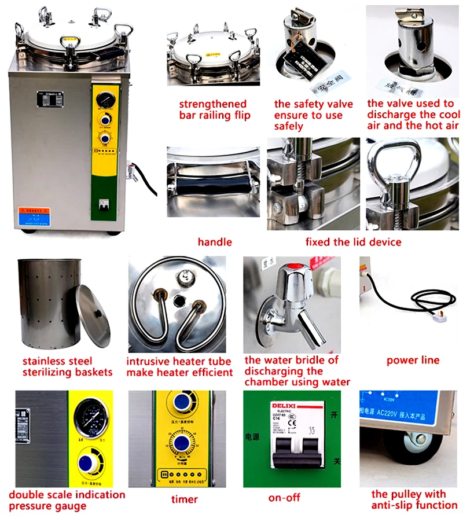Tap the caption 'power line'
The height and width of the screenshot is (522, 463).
click(413, 361)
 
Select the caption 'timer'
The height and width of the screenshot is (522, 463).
click(185, 499)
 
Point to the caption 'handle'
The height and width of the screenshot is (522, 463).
click(215, 242)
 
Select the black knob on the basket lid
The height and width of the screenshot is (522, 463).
click(98, 313)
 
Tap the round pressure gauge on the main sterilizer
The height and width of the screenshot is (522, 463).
click(105, 98)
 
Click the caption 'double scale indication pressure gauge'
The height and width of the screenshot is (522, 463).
click(67, 501)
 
